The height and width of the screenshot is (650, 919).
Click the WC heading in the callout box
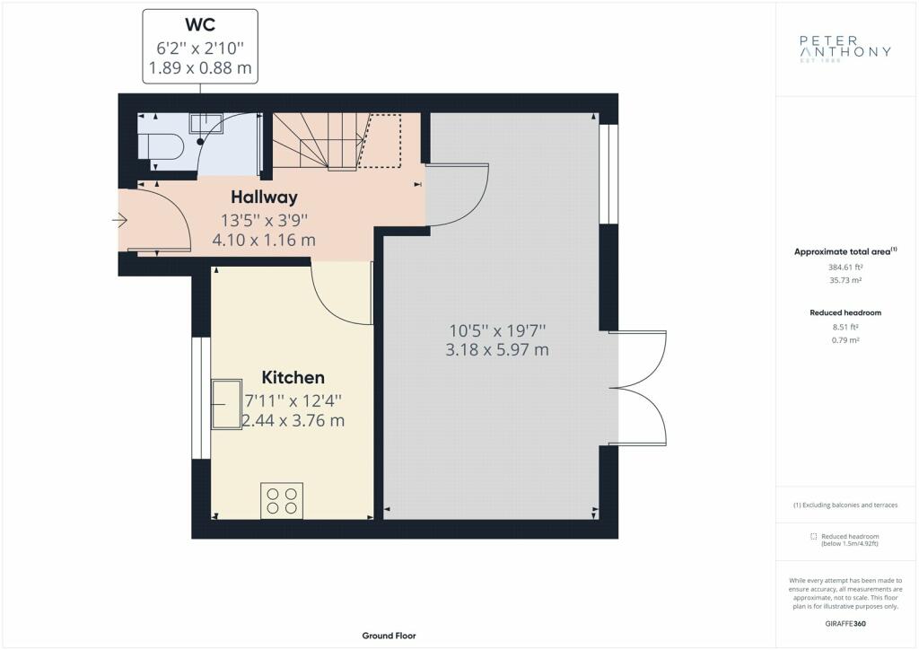click(x=200, y=24)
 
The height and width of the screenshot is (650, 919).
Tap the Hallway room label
click(x=264, y=198)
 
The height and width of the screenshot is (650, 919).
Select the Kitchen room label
click(x=293, y=377)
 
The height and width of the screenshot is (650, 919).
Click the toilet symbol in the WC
click(x=161, y=146)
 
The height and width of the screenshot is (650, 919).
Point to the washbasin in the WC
click(x=206, y=124)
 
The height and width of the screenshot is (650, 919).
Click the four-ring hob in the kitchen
click(x=282, y=501)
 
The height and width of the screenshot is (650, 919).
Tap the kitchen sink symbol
click(x=227, y=404)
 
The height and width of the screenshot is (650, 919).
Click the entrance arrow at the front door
click(x=119, y=220)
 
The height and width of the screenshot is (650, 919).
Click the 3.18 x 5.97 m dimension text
click(x=497, y=350)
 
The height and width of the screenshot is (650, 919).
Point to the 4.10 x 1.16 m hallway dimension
click(x=264, y=241)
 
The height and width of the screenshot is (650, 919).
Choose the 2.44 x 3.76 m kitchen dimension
click(x=293, y=421)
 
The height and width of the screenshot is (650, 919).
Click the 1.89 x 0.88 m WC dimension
click(x=200, y=68)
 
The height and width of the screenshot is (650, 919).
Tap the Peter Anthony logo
click(x=845, y=48)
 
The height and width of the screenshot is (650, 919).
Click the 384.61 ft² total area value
click(x=845, y=268)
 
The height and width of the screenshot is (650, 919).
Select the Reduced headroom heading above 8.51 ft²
click(x=845, y=313)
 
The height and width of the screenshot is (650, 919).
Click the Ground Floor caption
click(x=389, y=636)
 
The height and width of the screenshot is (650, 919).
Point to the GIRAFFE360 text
click(x=845, y=624)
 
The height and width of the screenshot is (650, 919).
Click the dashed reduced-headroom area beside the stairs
click(x=380, y=141)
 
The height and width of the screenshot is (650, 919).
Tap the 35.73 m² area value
click(x=845, y=281)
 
